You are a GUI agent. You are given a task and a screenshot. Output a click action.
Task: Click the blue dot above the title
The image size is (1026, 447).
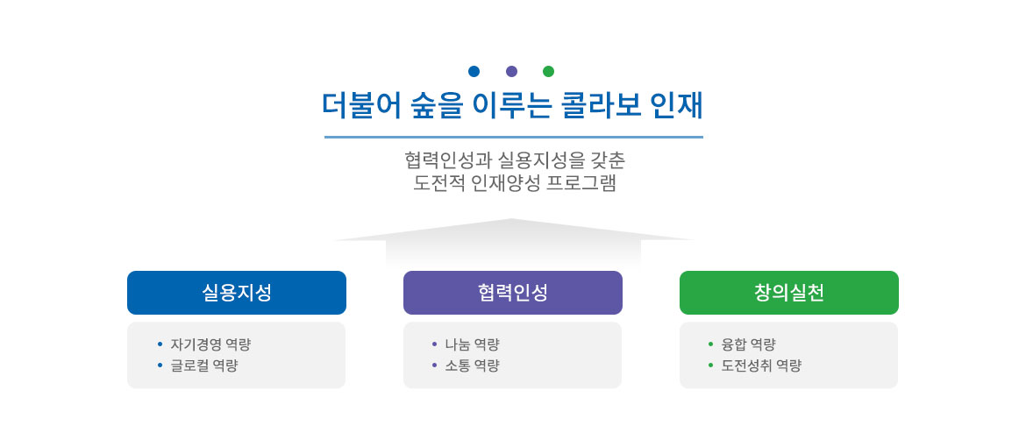coord(474,71)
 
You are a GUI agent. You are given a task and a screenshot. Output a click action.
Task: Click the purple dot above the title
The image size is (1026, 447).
coord(512,71)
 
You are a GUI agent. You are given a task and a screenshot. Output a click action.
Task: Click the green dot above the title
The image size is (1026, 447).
coord(549,71)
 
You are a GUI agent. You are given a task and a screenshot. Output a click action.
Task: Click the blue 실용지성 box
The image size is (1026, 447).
coord(237,293)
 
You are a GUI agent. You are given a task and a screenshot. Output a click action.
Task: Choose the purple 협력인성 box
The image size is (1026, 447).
coord(513,293)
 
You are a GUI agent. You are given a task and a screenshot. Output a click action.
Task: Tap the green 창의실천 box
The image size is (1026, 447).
coord(789,293)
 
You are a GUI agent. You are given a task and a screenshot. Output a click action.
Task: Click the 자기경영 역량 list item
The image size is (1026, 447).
coord(204,344)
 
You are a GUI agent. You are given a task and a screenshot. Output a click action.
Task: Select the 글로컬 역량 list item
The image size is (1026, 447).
coord(204,365)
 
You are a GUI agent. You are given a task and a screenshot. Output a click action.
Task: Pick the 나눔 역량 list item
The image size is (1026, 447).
coord(472,344)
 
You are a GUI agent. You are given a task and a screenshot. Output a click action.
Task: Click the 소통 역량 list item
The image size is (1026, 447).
coord(472,365)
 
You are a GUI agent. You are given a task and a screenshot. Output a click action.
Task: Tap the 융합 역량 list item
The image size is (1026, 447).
coord(748,344)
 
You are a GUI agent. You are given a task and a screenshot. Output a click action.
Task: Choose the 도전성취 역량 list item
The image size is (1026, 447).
coord(761,365)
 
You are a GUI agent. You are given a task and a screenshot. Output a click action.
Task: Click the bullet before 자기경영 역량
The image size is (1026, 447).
coord(160,344)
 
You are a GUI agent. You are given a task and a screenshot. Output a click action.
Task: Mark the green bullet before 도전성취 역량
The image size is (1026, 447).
coord(711,365)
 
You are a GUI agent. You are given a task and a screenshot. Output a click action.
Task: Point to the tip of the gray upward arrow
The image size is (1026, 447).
coord(512,220)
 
